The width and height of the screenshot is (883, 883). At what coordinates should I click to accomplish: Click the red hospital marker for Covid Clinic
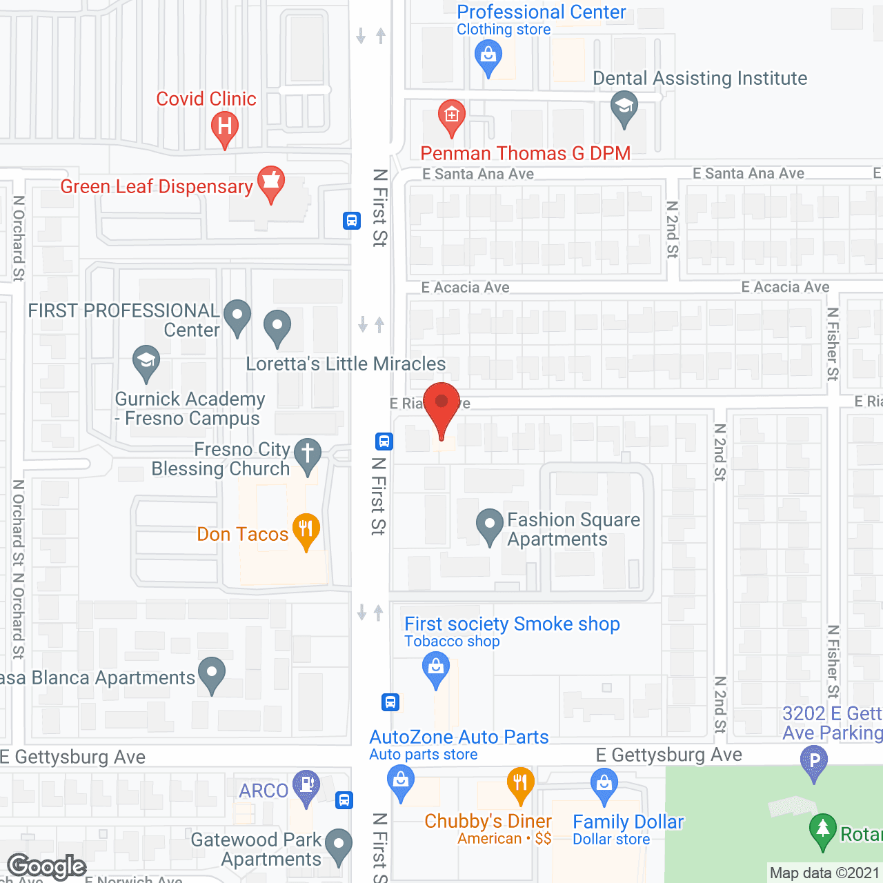(224, 127)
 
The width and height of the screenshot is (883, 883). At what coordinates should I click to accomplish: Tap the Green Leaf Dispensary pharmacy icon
(271, 182)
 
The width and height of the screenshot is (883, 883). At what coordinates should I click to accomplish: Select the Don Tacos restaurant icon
(306, 530)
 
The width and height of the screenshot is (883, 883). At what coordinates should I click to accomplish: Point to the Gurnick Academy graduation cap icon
(146, 361)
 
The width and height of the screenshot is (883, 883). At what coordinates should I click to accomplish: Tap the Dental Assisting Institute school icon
(624, 108)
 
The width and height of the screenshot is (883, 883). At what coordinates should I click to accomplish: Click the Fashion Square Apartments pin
(490, 525)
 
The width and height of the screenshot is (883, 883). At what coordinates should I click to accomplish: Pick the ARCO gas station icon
(306, 786)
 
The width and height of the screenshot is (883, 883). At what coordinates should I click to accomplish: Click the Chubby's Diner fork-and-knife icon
(520, 783)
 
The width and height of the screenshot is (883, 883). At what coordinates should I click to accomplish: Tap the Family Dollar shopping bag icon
(604, 784)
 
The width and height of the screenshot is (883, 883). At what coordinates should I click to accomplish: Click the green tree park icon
(822, 829)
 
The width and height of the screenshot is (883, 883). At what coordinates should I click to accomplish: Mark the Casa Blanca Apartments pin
(212, 673)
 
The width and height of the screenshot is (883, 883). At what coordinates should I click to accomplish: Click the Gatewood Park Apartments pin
(338, 845)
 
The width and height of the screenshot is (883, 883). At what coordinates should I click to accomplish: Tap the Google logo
(46, 866)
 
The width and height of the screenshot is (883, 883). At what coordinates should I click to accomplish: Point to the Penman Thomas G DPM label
(526, 153)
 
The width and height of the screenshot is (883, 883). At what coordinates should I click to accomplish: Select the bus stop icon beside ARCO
(344, 800)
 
